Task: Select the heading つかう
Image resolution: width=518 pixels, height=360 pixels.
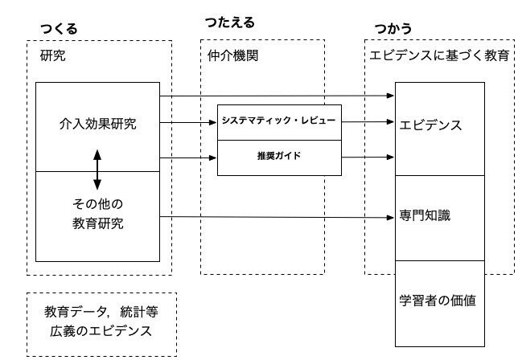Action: [x=394, y=28]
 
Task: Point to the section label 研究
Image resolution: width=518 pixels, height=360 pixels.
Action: [x=51, y=56]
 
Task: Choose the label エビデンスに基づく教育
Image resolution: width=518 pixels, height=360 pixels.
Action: [x=438, y=56]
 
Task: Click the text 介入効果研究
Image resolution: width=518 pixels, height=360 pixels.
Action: [x=98, y=124]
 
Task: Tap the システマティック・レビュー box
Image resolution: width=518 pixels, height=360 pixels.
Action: [x=279, y=121]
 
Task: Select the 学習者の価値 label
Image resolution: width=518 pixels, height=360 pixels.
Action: [x=438, y=301]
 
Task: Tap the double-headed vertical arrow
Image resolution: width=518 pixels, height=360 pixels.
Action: [x=98, y=168]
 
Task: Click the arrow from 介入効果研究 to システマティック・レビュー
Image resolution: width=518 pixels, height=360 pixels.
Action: [x=188, y=122]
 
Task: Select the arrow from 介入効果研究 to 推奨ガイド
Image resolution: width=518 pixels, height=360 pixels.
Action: [x=188, y=158]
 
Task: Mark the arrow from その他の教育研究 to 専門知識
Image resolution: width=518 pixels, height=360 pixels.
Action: [x=277, y=217]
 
